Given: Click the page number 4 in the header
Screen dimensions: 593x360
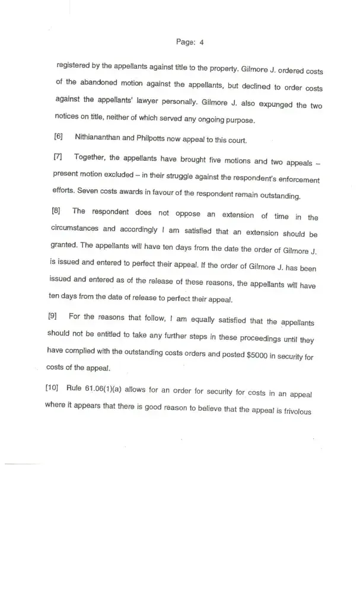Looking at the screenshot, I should (202, 42).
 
